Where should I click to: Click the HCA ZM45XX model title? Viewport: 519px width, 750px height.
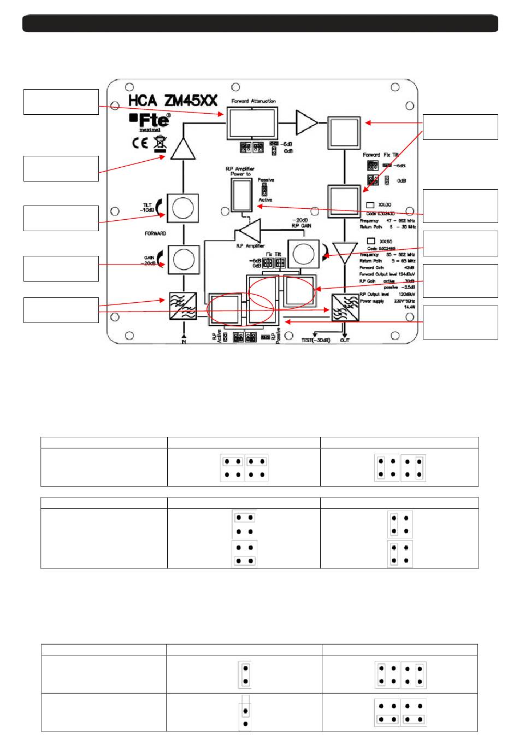(x=173, y=101)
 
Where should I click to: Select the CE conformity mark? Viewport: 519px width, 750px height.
(x=140, y=143)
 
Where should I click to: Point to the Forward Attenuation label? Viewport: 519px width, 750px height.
(x=253, y=101)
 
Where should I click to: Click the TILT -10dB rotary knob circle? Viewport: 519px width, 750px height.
(x=183, y=208)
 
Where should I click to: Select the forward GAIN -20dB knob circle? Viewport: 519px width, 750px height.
(x=183, y=259)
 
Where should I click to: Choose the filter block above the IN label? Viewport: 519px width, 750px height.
(x=183, y=306)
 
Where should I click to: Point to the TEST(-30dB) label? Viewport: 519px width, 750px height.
(x=316, y=340)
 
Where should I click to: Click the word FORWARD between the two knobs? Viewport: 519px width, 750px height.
(x=155, y=233)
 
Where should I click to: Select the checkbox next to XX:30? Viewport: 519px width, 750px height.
(x=370, y=205)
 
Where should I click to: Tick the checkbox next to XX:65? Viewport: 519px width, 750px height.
(x=371, y=241)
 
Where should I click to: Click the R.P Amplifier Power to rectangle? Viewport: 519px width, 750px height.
(x=242, y=194)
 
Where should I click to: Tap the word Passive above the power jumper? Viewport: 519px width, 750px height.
(x=266, y=180)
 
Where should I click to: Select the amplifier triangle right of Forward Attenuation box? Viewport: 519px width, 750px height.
(x=306, y=122)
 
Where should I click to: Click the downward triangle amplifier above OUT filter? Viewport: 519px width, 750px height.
(x=345, y=253)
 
